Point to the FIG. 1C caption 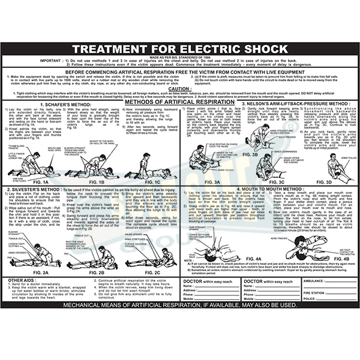pyautogui.click(x=151, y=182)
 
